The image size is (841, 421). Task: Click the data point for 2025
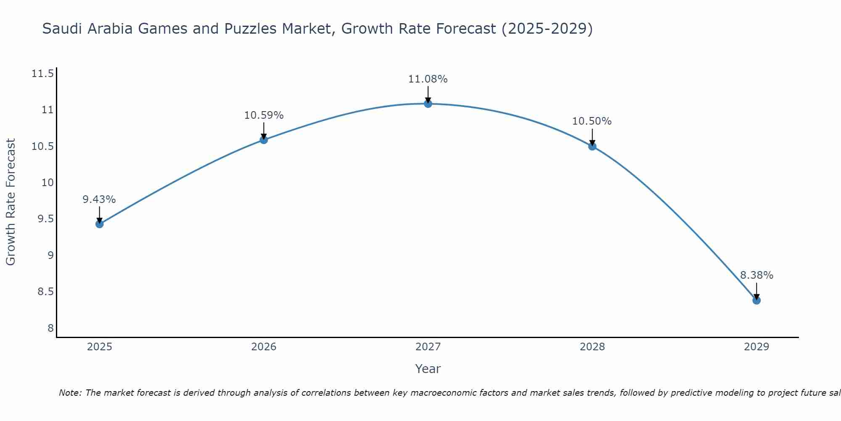click(x=99, y=224)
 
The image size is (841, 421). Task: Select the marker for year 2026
click(x=264, y=140)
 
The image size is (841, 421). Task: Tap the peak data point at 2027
click(x=428, y=104)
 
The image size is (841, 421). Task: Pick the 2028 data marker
click(x=592, y=147)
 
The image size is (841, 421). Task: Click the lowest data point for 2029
click(x=756, y=300)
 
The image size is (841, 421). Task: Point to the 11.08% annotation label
click(x=428, y=79)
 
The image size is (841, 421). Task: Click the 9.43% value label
click(x=99, y=200)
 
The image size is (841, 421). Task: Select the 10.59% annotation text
click(x=264, y=115)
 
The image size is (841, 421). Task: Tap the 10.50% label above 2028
click(x=592, y=122)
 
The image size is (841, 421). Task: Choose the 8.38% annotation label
click(x=756, y=275)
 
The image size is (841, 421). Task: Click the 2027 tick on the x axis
click(x=428, y=347)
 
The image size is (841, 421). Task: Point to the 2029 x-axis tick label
click(x=756, y=347)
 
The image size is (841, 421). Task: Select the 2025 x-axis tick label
click(x=99, y=347)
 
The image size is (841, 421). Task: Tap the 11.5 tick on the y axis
click(x=43, y=74)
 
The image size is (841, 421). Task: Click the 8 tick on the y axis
click(x=50, y=328)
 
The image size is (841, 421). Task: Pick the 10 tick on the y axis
click(x=48, y=183)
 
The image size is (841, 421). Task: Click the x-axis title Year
click(x=428, y=369)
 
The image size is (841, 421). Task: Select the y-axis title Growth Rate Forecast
click(x=11, y=202)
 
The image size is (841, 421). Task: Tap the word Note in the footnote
click(x=69, y=393)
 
